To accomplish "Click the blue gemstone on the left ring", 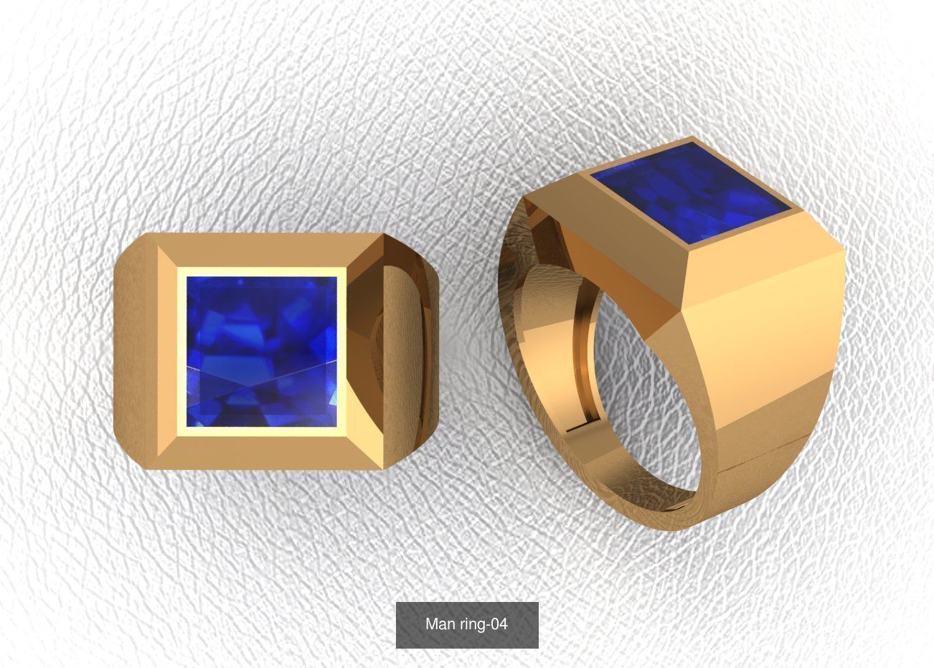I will pos(262,352).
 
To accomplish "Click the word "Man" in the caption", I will pos(440,624).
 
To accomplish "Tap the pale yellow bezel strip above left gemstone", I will pos(262,272).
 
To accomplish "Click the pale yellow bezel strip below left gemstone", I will pos(262,431).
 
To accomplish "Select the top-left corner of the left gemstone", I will pos(188,278).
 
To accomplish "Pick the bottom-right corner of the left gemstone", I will pos(336,426).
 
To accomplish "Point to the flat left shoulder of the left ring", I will pos(136,352).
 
